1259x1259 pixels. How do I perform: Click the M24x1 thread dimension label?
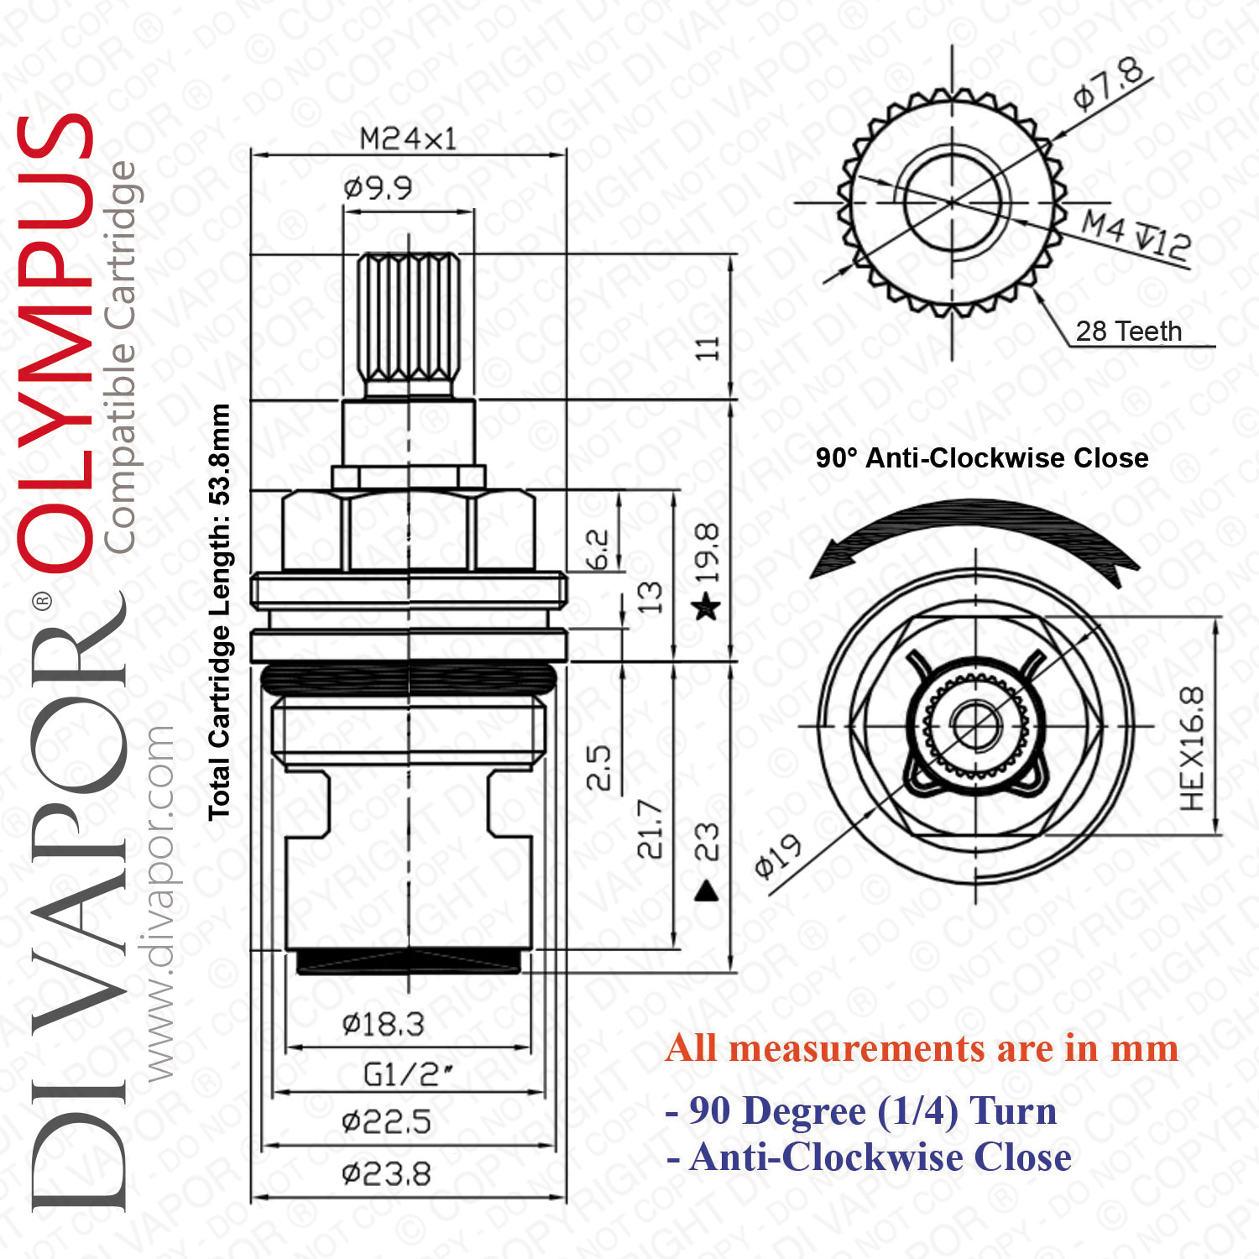(408, 138)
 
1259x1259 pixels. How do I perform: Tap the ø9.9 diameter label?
(378, 188)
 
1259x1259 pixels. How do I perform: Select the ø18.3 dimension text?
(383, 1024)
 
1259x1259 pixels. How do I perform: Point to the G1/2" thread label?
(409, 1074)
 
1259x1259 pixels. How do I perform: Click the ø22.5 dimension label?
(386, 1121)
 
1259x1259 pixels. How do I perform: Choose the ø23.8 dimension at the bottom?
(386, 1173)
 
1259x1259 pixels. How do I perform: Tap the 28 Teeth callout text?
(1128, 332)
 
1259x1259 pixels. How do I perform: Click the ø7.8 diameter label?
(1110, 84)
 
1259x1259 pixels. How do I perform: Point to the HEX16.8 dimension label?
(1192, 749)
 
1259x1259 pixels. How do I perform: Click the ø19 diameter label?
(777, 857)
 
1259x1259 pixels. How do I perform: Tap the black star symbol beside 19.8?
(707, 606)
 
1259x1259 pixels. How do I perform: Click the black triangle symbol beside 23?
(708, 891)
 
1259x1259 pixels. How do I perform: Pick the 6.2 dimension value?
(596, 550)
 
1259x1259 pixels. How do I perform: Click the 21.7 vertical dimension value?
(650, 829)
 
